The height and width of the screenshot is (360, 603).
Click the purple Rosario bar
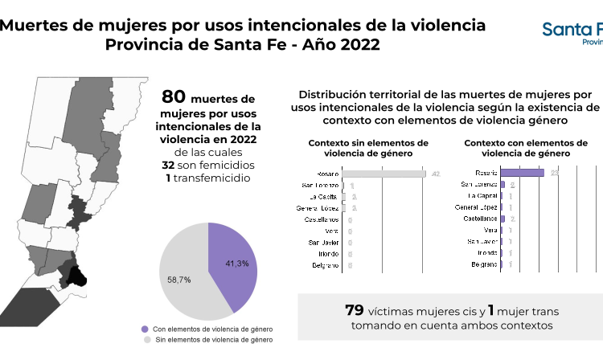(522, 173)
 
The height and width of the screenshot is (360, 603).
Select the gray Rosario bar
(384, 174)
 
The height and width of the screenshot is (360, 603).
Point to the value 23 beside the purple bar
(554, 173)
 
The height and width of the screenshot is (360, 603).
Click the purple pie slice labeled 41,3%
(234, 265)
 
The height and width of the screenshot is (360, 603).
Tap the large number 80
(174, 97)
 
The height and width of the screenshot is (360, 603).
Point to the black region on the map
(76, 276)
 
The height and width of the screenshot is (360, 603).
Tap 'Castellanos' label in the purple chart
(479, 219)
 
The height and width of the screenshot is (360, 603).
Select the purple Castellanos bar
(503, 219)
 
